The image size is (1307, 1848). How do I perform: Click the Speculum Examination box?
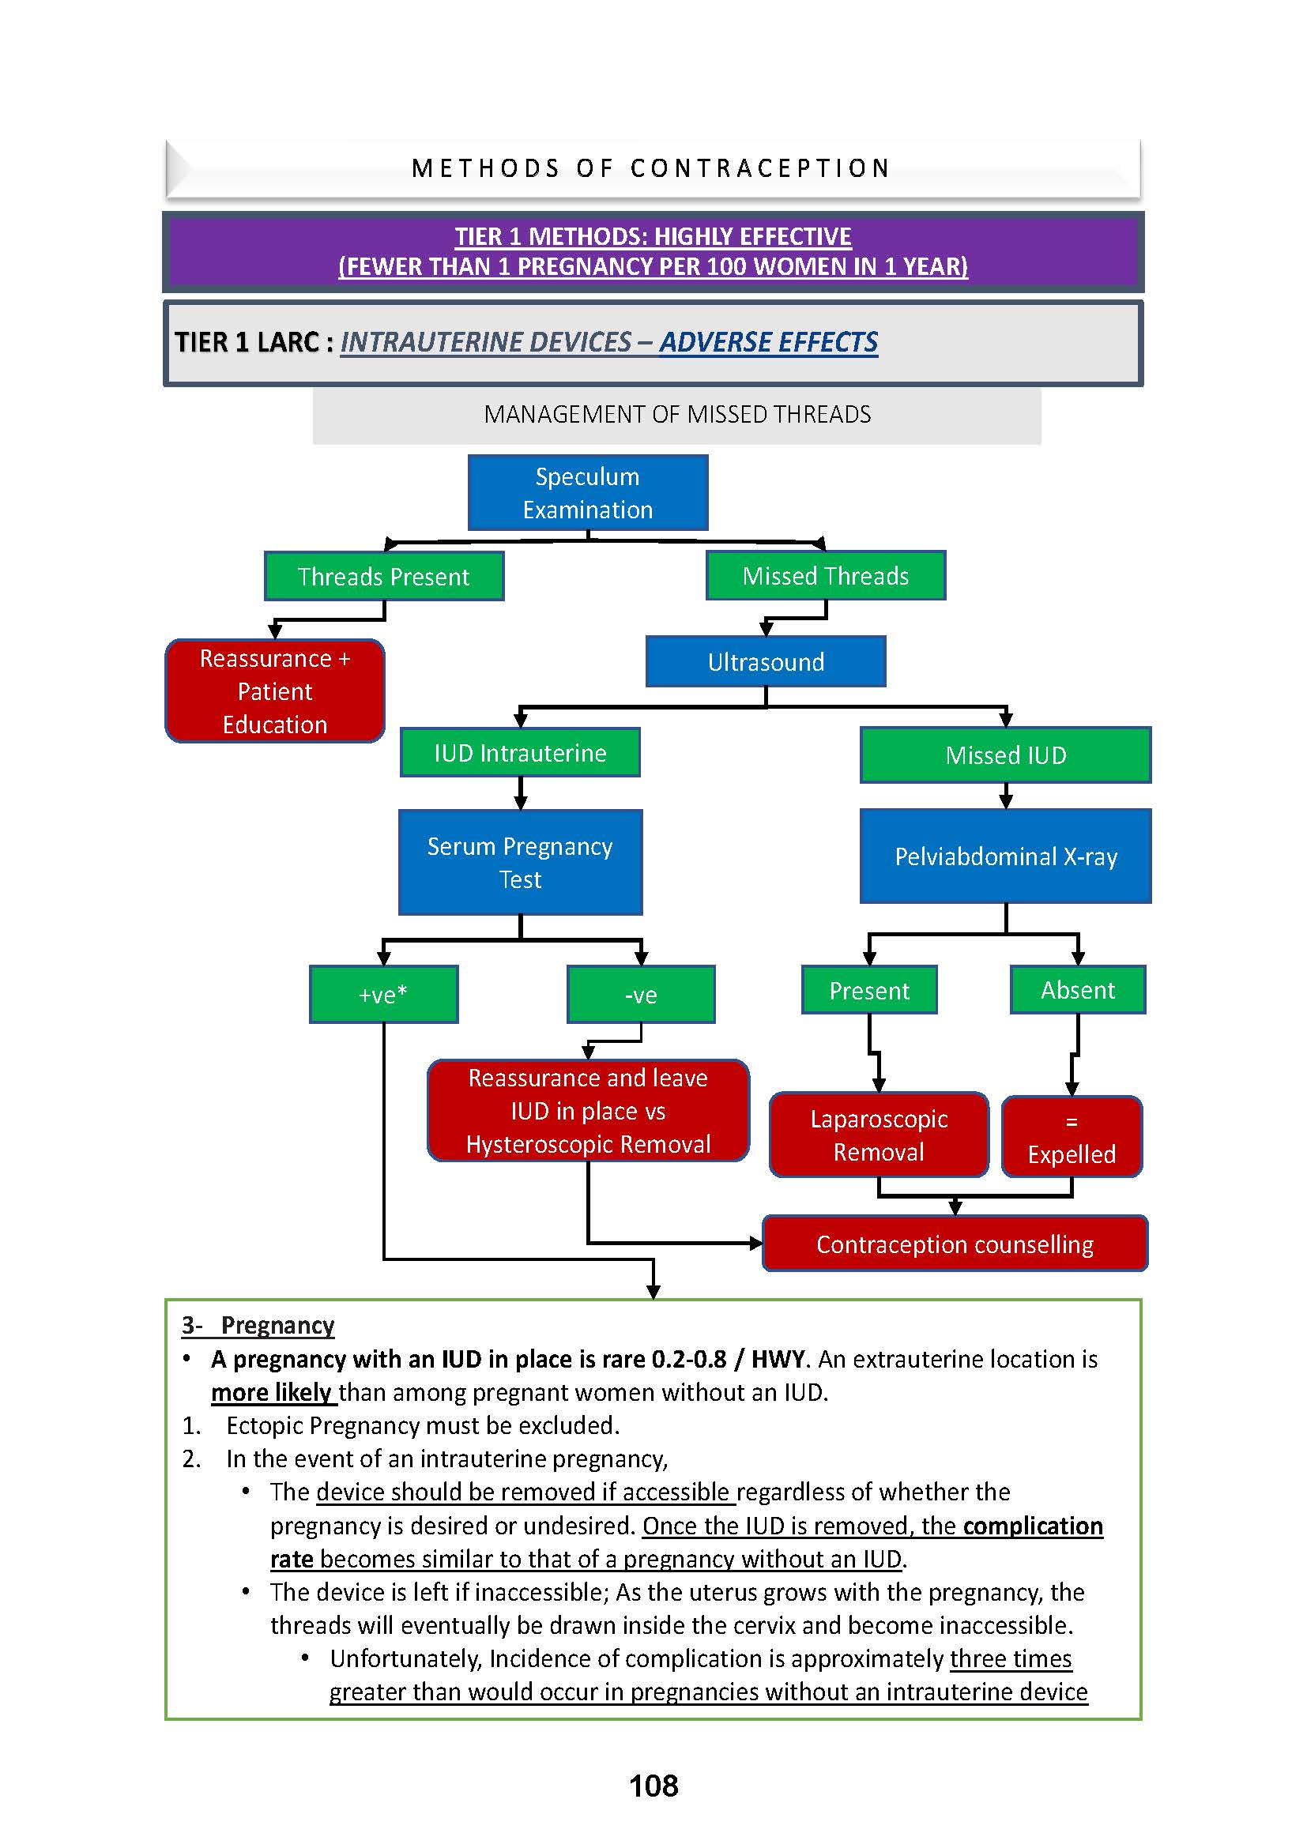pyautogui.click(x=587, y=492)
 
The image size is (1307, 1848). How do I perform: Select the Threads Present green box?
pyautogui.click(x=384, y=576)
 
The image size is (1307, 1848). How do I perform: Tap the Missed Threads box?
pyautogui.click(x=825, y=575)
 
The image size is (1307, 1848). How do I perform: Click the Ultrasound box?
pyautogui.click(x=766, y=661)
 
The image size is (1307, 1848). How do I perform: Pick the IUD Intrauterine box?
pyautogui.click(x=520, y=753)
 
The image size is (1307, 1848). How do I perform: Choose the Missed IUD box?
pyautogui.click(x=1005, y=755)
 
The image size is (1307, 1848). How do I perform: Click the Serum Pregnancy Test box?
pyautogui.click(x=520, y=862)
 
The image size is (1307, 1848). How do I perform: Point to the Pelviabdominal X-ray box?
pyautogui.click(x=1005, y=856)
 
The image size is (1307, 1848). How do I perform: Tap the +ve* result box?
pyautogui.click(x=383, y=995)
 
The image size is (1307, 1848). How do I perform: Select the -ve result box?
pyautogui.click(x=641, y=995)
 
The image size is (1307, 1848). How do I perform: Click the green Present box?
pyautogui.click(x=869, y=990)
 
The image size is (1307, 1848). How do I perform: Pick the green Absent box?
pyautogui.click(x=1078, y=990)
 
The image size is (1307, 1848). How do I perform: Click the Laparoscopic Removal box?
pyautogui.click(x=878, y=1135)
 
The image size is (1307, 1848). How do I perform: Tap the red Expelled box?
pyautogui.click(x=1072, y=1137)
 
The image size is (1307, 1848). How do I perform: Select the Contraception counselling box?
pyautogui.click(x=955, y=1244)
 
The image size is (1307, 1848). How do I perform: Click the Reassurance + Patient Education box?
pyautogui.click(x=274, y=691)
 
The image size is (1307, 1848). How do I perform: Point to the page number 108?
pyautogui.click(x=653, y=1786)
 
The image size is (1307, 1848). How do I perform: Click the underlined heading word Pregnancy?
pyautogui.click(x=277, y=1325)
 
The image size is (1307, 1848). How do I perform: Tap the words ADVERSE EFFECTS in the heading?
pyautogui.click(x=769, y=342)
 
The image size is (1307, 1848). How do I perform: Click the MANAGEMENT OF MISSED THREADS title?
pyautogui.click(x=677, y=415)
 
